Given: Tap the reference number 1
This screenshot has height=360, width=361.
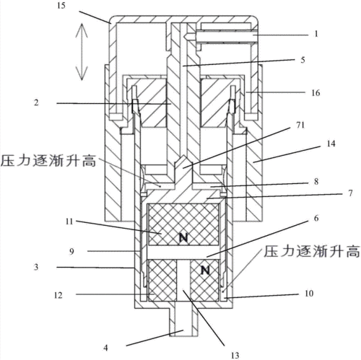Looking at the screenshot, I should (315, 34).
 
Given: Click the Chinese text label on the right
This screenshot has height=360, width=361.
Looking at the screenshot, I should (311, 252).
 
